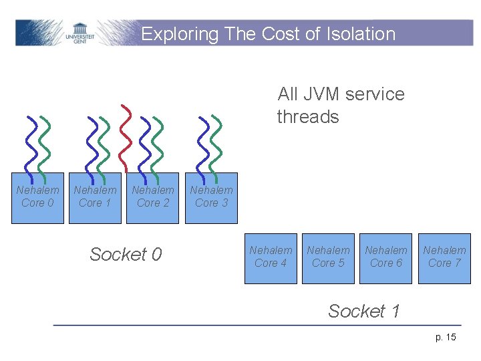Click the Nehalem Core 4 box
click(271, 258)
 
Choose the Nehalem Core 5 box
click(328, 258)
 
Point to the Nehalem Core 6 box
click(386, 258)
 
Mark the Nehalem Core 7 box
click(444, 258)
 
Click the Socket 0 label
click(126, 255)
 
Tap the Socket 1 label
click(364, 312)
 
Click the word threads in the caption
click(308, 117)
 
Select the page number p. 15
click(446, 337)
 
